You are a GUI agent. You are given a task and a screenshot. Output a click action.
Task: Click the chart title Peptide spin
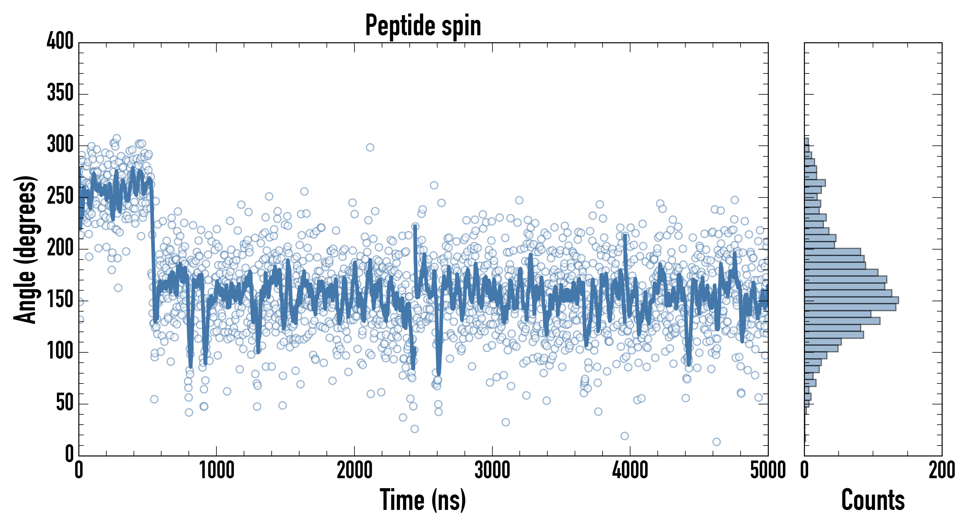pyautogui.click(x=423, y=26)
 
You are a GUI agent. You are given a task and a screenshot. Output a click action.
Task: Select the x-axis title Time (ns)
pyautogui.click(x=423, y=500)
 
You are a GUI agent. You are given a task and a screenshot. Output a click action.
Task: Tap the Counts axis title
pyautogui.click(x=873, y=500)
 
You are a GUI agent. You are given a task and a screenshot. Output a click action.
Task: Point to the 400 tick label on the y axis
pyautogui.click(x=60, y=41)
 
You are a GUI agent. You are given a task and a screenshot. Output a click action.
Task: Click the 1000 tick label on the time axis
pyautogui.click(x=217, y=471)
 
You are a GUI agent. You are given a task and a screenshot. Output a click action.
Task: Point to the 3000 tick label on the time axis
pyautogui.click(x=492, y=471)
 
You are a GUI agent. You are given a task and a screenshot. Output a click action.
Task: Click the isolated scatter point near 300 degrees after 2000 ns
pyautogui.click(x=370, y=147)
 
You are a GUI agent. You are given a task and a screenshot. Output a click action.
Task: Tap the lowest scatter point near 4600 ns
pyautogui.click(x=716, y=442)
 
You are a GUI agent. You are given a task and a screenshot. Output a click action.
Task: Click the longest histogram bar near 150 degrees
pyautogui.click(x=851, y=300)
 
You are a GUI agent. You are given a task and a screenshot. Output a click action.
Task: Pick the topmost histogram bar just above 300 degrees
pyautogui.click(x=806, y=142)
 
